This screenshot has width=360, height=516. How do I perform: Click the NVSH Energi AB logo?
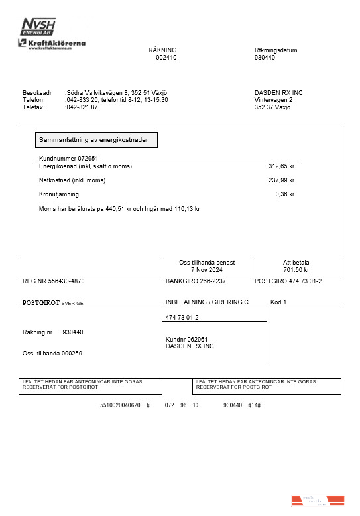coord(38,28)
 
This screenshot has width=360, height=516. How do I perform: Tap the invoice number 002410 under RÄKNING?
coord(166,58)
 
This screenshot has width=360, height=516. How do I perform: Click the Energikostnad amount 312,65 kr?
coord(281,166)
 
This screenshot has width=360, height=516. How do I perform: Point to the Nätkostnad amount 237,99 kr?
coord(281,180)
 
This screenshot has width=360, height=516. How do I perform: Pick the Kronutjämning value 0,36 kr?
coord(284,194)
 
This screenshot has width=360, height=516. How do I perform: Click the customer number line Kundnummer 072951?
coord(69,158)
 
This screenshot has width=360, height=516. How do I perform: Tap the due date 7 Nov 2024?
coord(207,270)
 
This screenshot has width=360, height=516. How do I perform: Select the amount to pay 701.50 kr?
coord(296,270)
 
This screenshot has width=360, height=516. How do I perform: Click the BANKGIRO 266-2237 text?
coord(196,281)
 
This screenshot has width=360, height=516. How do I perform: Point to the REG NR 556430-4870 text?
coord(54,281)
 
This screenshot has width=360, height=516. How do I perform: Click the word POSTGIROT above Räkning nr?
coord(41,302)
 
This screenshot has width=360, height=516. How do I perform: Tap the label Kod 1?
coord(278,302)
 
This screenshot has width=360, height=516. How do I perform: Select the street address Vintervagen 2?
coord(273,99)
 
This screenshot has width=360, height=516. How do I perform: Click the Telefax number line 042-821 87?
coord(82,107)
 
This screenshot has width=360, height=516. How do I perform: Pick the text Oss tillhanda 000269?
coord(52,353)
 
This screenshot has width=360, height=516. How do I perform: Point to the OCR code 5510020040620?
coord(120,405)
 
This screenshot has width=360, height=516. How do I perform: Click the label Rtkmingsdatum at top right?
coord(276,50)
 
